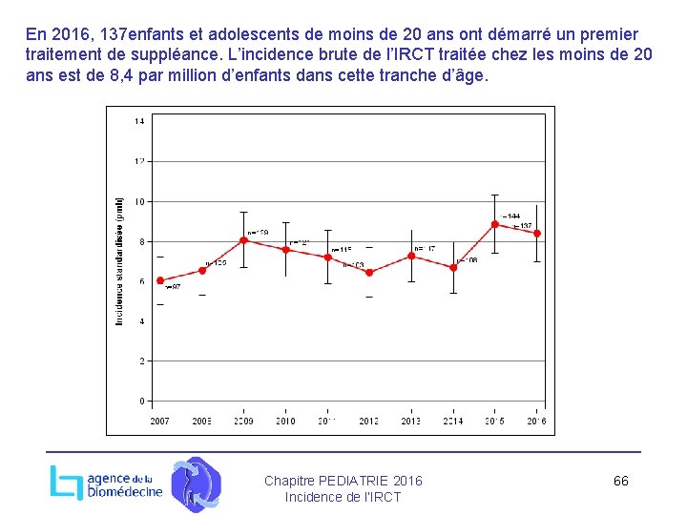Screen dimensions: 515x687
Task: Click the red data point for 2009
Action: (x=244, y=240)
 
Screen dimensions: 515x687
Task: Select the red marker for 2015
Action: (x=495, y=224)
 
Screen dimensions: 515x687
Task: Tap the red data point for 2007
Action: (x=160, y=280)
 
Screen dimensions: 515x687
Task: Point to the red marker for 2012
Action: (x=369, y=273)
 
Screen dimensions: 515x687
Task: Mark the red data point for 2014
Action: (x=453, y=268)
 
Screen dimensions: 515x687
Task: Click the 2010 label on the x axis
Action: (x=285, y=421)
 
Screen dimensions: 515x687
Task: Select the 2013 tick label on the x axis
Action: (x=411, y=421)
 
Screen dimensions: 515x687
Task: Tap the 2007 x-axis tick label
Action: (x=160, y=421)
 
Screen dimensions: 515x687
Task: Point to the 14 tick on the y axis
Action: (x=139, y=121)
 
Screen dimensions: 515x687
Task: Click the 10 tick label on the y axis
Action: (x=139, y=201)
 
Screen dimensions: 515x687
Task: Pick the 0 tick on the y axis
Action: (x=141, y=401)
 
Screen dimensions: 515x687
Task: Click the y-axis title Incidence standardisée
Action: (x=120, y=260)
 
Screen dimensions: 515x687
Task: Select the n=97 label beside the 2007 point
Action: (x=173, y=287)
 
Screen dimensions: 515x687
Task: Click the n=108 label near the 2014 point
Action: (x=467, y=260)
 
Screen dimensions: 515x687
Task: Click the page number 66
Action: (x=620, y=481)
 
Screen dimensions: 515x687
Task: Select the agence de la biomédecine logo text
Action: (x=124, y=485)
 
